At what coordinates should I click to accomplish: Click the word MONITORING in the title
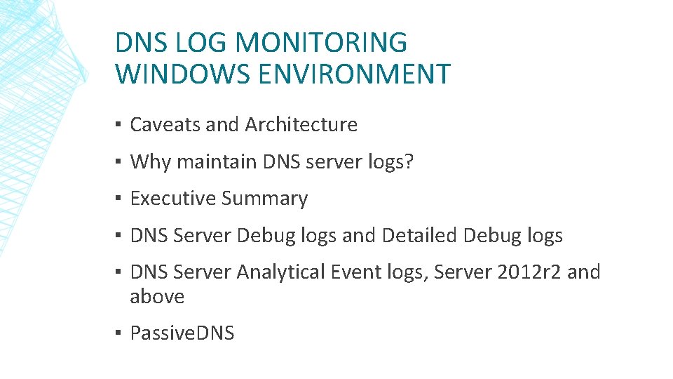pos(320,43)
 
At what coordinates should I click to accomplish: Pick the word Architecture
pos(301,125)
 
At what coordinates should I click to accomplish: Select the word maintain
pos(217,162)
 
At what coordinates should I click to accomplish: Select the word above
pos(157,297)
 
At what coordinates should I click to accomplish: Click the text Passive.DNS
pos(182,333)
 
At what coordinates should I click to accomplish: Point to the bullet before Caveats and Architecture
pos(120,125)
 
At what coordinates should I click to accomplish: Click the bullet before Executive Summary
pos(120,199)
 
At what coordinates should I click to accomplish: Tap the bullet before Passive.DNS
pos(120,333)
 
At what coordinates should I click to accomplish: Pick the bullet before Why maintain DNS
pos(120,162)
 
